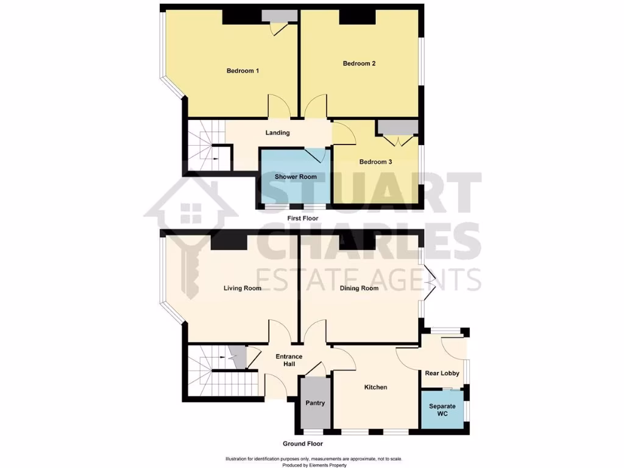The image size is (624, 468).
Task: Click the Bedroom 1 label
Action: [243, 71]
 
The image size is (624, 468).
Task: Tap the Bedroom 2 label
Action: [359, 63]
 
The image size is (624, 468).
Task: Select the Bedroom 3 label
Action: [375, 162]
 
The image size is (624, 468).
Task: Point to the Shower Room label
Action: [296, 177]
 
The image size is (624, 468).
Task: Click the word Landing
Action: [277, 133]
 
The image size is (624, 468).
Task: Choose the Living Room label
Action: [242, 288]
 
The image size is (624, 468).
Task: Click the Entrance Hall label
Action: [289, 360]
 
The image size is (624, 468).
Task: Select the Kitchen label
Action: [376, 387]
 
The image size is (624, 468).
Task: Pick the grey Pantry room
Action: [315, 402]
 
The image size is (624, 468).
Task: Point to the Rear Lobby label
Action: [442, 374]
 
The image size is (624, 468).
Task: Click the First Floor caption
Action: [303, 218]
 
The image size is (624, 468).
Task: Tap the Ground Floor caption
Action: [302, 444]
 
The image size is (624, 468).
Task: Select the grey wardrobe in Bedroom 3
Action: [397, 127]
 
